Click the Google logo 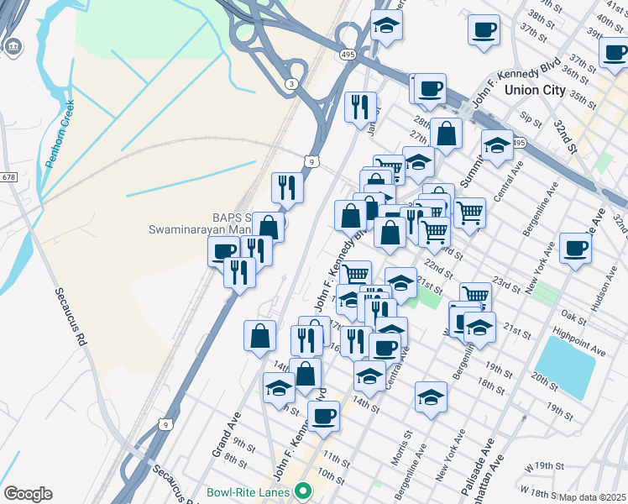pos(27,494)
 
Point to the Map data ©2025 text pos(593,497)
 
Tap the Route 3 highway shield pos(290,83)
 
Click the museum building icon pos(13,47)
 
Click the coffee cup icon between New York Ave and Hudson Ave pos(575,248)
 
